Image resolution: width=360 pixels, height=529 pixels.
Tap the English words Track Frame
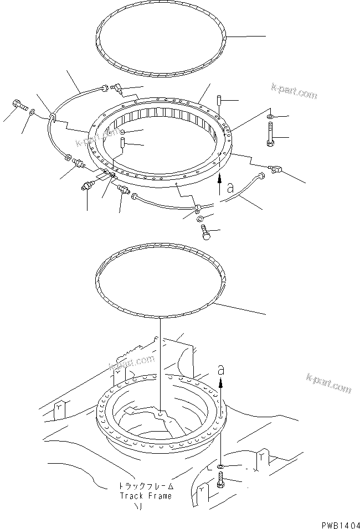click(x=145, y=496)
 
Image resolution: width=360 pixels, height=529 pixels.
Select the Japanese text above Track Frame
click(x=145, y=486)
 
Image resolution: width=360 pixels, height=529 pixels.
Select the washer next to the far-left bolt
click(x=34, y=113)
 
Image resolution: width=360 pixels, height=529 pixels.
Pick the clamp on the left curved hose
click(x=52, y=118)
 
